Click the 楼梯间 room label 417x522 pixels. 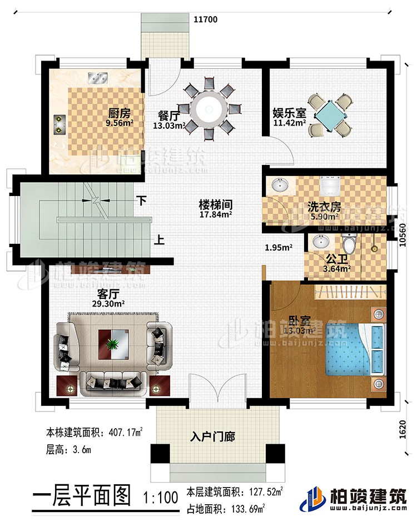[216, 204]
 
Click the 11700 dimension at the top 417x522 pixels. [205, 18]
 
